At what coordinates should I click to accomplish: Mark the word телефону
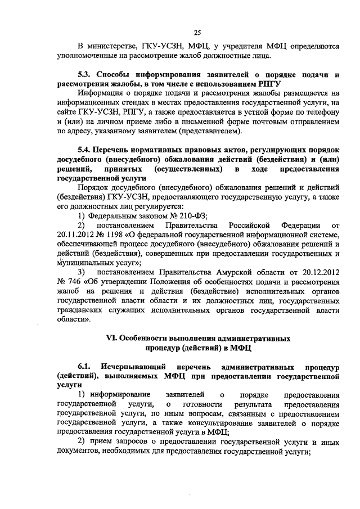[318, 112]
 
